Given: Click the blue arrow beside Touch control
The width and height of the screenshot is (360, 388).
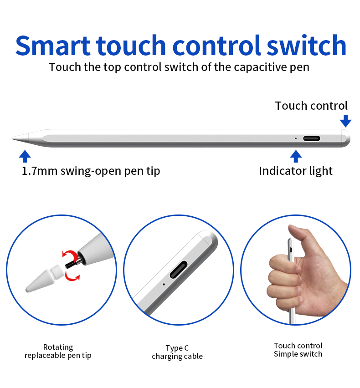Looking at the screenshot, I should click(346, 121).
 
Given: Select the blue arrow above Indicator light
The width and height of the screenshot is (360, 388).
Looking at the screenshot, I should click(296, 156).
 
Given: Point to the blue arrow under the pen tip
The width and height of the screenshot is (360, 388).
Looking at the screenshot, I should click(25, 156).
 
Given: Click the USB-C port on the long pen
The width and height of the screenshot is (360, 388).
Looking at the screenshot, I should click(312, 138).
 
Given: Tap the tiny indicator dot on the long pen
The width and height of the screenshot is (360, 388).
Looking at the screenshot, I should click(296, 138).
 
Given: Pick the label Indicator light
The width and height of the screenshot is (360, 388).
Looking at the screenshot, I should click(296, 171).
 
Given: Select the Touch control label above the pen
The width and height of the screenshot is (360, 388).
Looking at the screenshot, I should click(311, 106).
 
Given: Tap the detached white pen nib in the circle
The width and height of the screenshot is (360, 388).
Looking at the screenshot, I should click(44, 278).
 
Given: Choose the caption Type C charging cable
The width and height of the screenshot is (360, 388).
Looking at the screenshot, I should click(177, 352).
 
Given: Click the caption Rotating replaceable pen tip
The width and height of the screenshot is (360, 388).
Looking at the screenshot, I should click(58, 351).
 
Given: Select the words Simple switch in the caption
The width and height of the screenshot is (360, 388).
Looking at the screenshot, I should click(298, 354).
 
